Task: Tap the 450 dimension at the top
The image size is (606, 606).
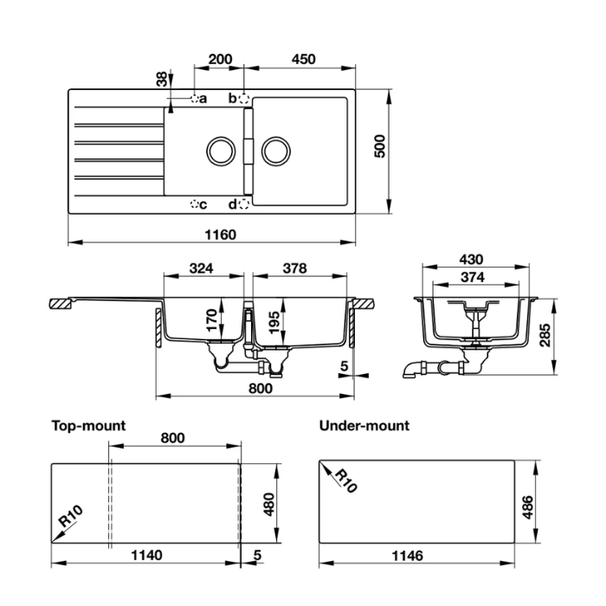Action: pos(303,60)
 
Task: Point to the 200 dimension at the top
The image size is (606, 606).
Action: pos(221,60)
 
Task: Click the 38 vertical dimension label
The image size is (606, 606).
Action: pos(161,80)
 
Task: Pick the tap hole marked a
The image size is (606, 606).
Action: pos(195,99)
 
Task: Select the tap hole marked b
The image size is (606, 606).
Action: pos(244,99)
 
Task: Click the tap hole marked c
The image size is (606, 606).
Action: pos(194,204)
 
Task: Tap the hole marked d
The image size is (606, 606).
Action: pos(244,204)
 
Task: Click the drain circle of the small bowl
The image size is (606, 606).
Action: pos(221,151)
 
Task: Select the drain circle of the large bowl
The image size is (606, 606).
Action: pos(275,151)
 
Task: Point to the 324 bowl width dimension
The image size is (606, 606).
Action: pos(201,268)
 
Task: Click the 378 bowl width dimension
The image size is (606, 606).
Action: pos(294,268)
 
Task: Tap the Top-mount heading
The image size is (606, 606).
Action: pos(88,425)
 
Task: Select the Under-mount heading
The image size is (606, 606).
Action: pos(364,425)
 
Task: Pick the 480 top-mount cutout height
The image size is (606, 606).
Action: pos(268,501)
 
